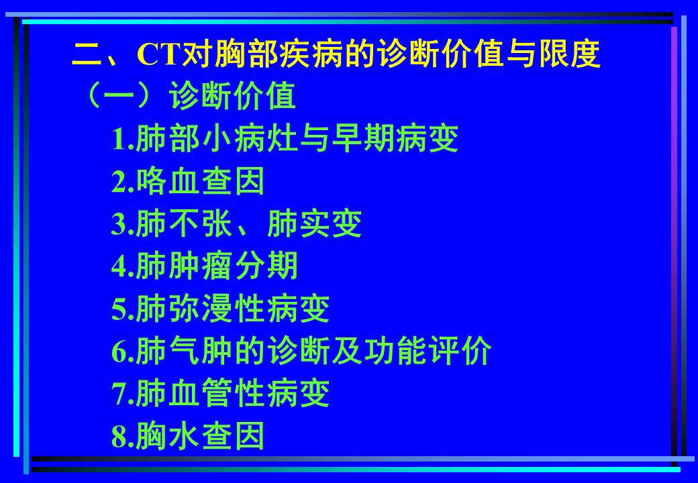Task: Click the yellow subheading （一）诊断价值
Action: [188, 97]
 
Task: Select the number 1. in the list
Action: [122, 140]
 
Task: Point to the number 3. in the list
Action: [122, 224]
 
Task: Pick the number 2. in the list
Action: [122, 182]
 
